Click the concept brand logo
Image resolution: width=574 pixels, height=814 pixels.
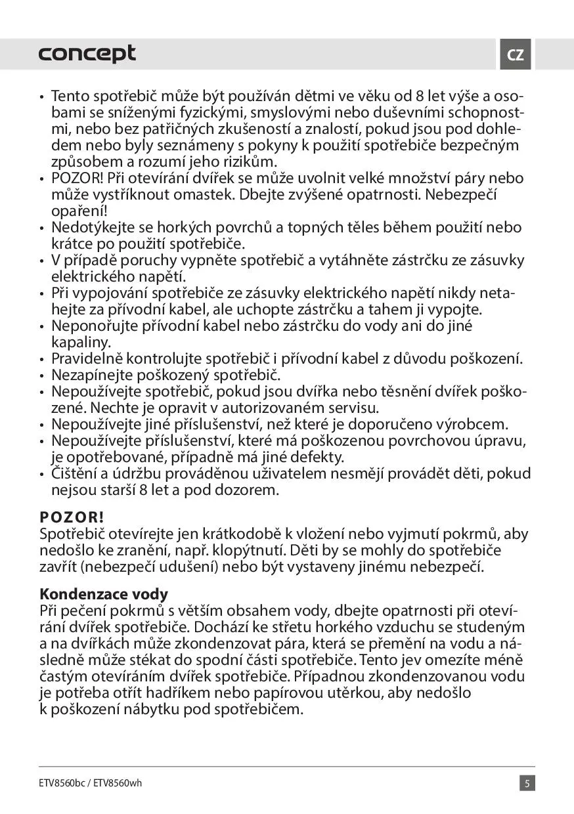click(x=87, y=54)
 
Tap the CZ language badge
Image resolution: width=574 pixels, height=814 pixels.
click(x=516, y=54)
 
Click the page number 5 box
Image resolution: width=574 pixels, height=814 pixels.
click(x=527, y=783)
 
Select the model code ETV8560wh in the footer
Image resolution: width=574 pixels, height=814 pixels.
click(x=118, y=783)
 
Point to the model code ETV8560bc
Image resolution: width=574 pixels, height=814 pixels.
click(x=62, y=783)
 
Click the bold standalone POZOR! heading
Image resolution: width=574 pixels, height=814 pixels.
click(x=72, y=515)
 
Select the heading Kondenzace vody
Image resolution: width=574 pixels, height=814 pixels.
click(x=104, y=594)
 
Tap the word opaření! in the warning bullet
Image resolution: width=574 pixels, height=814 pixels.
click(x=79, y=211)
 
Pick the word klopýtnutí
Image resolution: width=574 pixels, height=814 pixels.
click(x=253, y=549)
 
